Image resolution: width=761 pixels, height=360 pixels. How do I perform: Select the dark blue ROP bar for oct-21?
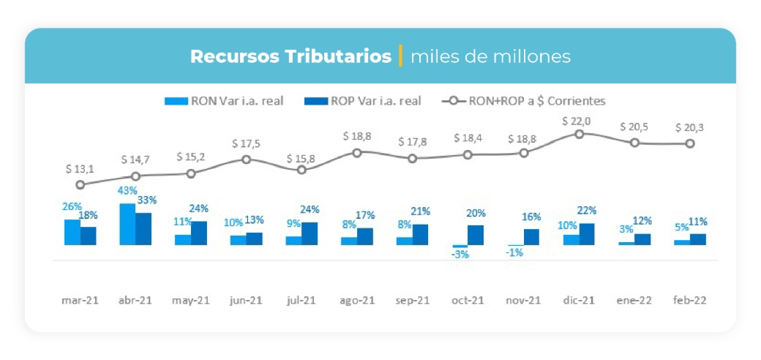pyautogui.click(x=476, y=235)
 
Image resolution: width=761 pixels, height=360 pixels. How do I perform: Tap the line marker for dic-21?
pyautogui.click(x=580, y=134)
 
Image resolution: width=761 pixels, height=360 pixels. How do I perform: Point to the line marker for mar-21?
pyautogui.click(x=80, y=185)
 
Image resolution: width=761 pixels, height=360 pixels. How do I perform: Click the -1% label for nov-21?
pyautogui.click(x=515, y=252)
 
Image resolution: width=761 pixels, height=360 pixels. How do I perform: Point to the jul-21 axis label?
pyautogui.click(x=301, y=300)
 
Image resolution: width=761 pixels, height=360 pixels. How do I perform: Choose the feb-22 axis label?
pyautogui.click(x=689, y=300)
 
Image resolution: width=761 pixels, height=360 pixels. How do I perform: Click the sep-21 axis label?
pyautogui.click(x=412, y=300)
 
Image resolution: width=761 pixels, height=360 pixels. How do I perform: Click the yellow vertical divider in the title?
pyautogui.click(x=400, y=56)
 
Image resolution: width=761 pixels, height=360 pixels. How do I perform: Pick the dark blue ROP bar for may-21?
pyautogui.click(x=198, y=233)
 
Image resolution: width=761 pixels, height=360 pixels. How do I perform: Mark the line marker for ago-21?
pyautogui.click(x=357, y=152)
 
